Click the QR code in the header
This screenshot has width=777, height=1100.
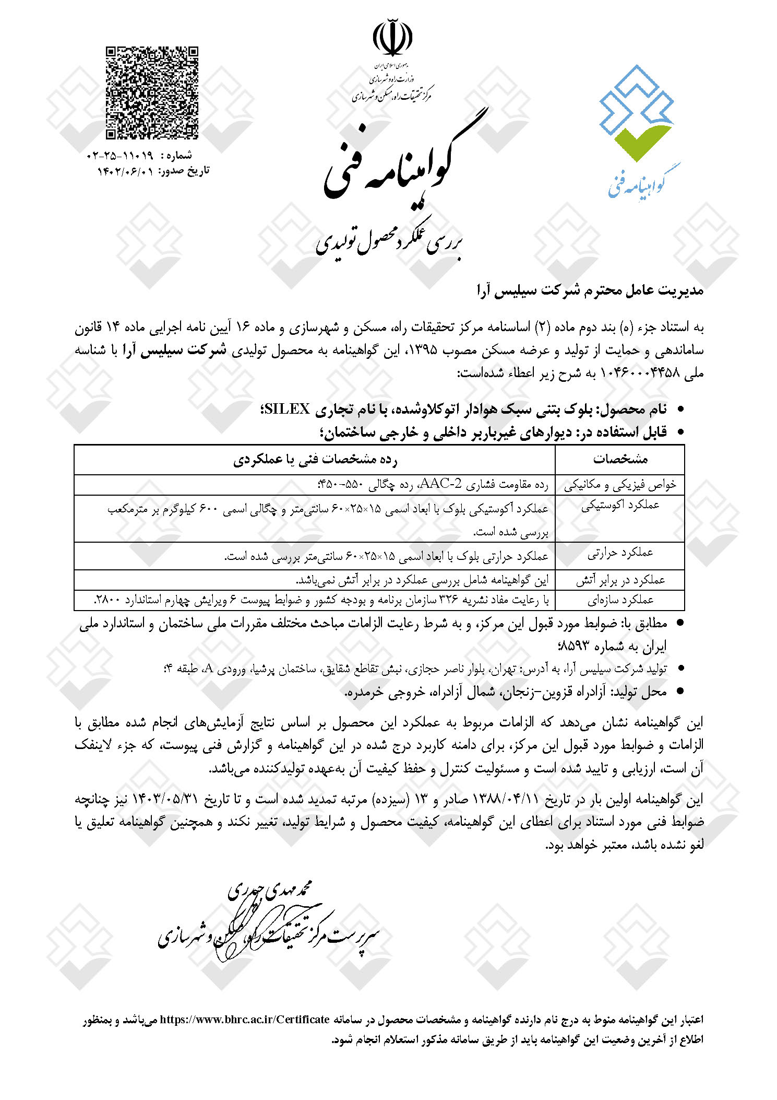(x=152, y=93)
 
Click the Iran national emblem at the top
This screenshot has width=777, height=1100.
(x=392, y=38)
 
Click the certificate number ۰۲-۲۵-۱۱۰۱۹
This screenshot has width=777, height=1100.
(x=120, y=156)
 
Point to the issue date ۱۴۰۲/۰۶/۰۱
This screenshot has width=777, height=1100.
(x=126, y=171)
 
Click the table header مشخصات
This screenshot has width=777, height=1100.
(x=620, y=459)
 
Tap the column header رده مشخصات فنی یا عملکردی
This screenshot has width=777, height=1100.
(x=315, y=459)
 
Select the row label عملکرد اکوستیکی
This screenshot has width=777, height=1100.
(x=620, y=505)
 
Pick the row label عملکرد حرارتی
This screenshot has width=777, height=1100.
(x=620, y=553)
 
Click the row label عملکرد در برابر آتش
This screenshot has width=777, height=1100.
(x=620, y=580)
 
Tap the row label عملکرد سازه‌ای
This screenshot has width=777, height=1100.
(x=620, y=600)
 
